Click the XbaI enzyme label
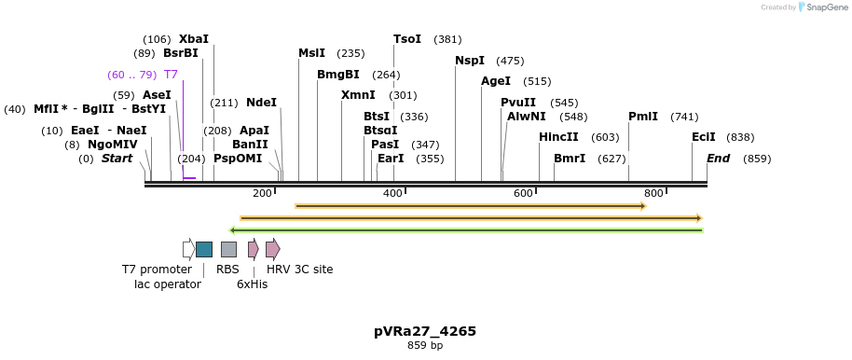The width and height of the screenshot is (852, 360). pos(194,39)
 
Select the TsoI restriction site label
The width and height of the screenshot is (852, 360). pos(407,39)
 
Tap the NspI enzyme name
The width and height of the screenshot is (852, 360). pos(470,61)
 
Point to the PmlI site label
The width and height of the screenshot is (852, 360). pos(643,117)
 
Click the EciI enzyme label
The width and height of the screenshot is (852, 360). pos(704,137)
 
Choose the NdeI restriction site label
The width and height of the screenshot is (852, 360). pos(261,103)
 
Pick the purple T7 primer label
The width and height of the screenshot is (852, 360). pos(171,74)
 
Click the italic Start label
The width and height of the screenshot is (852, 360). pos(117,159)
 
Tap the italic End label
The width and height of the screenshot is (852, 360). pos(718,159)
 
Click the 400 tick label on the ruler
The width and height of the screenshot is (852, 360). pos(392,193)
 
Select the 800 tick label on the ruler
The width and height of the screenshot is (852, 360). pos(653,193)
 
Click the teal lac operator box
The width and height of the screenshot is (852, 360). pos(204,249)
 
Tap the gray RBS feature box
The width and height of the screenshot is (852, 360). pos(228,249)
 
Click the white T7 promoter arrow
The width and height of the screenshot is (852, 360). pos(188,249)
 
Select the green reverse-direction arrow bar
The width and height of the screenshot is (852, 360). pos(466,229)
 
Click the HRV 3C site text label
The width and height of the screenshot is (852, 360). pos(299,270)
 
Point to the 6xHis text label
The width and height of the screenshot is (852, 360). pos(252,284)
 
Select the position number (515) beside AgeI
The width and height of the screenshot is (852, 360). pos(537,81)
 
